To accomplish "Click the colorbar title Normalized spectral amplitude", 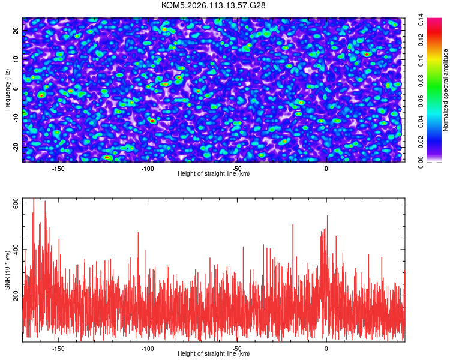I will [x=446, y=90].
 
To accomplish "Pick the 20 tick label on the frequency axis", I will [x=16, y=31].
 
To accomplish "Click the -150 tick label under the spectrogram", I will [x=58, y=169].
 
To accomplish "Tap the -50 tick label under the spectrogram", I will [x=237, y=169].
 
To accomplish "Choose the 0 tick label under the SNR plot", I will [x=326, y=348].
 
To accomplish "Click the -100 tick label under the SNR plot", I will [x=148, y=348].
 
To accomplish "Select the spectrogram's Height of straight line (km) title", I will [x=214, y=174].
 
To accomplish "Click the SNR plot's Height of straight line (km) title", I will [x=214, y=354].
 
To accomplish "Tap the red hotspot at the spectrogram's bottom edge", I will [x=107, y=158].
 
